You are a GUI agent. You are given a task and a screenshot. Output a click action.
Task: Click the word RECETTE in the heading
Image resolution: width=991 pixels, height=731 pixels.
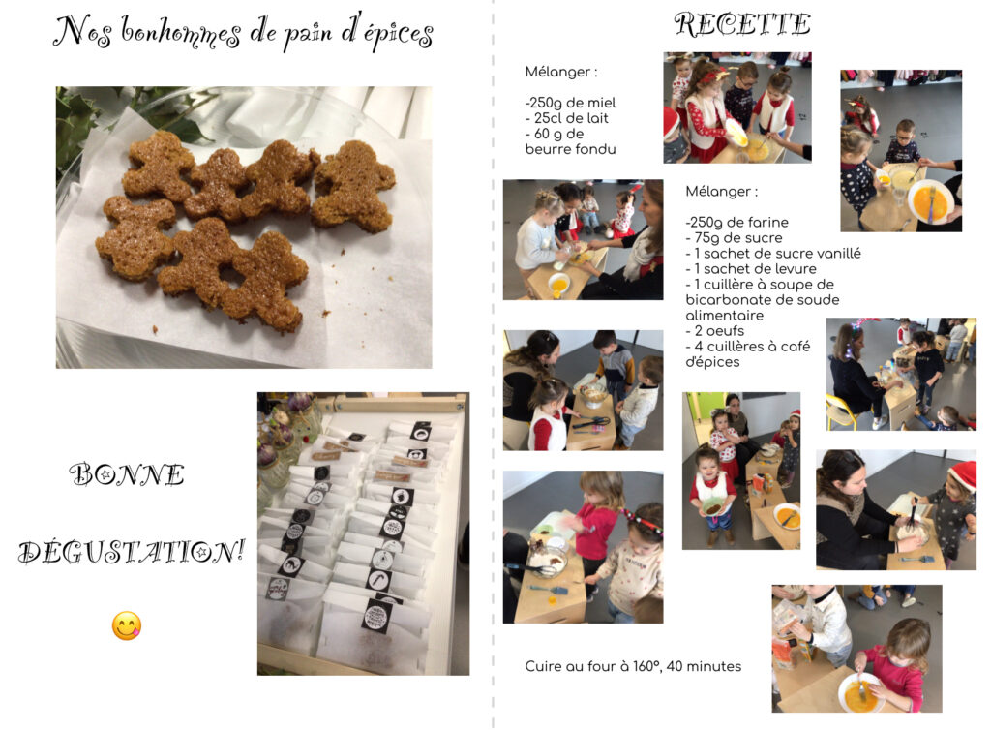(742, 24)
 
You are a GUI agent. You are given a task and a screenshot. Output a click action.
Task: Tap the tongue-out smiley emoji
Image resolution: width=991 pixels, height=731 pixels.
(127, 626)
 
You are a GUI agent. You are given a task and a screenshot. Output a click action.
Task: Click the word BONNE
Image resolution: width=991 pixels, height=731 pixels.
(127, 474)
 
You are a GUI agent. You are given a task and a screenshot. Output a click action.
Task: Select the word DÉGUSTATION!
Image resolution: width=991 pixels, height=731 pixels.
(132, 552)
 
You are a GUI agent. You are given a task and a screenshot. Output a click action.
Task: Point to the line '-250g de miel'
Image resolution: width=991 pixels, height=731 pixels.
(570, 103)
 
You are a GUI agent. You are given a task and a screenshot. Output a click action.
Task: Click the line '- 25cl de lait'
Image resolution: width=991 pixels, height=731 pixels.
(567, 118)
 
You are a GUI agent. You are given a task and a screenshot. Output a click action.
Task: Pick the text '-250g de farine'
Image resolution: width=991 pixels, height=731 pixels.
(736, 222)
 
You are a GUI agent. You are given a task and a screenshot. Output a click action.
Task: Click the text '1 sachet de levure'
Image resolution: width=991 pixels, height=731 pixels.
(755, 269)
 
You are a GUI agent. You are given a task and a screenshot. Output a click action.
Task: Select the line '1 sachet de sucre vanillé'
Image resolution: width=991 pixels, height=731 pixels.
(777, 253)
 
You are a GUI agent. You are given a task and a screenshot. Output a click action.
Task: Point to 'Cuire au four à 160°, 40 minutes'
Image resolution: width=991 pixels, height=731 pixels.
(633, 666)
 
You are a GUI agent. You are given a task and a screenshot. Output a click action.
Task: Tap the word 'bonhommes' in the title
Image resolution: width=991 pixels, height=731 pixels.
(181, 32)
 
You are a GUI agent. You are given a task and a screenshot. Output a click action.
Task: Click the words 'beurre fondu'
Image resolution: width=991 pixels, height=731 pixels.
(570, 149)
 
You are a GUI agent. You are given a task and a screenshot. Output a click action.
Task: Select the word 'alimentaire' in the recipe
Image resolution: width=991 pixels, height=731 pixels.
(724, 315)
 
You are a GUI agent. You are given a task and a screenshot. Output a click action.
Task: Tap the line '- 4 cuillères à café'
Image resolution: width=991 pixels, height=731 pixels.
(748, 347)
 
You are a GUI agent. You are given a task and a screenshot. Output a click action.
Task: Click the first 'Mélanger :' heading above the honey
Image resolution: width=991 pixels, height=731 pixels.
(560, 72)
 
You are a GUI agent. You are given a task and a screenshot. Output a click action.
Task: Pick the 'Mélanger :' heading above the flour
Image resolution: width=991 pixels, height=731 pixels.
(721, 191)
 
